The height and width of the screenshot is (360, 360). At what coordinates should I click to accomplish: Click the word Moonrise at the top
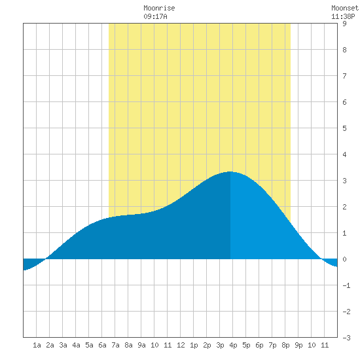[x=159, y=8]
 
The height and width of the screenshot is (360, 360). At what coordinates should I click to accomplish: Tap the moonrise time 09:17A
[x=155, y=16]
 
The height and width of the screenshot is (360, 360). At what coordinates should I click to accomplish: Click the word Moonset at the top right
[x=345, y=8]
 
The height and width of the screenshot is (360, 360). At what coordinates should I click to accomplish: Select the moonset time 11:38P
[x=343, y=16]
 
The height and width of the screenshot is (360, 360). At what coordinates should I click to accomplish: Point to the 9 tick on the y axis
[x=344, y=24]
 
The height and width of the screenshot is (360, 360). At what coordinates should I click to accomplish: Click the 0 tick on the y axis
[x=344, y=259]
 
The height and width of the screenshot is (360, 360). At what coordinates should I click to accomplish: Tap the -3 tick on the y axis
[x=346, y=338]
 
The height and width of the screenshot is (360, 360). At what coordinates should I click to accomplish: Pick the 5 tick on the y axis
[x=344, y=128]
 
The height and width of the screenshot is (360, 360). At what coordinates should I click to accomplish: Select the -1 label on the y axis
[x=346, y=285]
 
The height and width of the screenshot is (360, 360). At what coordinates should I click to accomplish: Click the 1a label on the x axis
[x=37, y=345]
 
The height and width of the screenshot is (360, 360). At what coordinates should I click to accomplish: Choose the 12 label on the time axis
[x=181, y=345]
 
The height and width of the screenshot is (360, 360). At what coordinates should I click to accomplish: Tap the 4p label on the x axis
[x=233, y=345]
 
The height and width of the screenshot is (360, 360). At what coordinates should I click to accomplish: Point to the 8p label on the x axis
[x=285, y=345]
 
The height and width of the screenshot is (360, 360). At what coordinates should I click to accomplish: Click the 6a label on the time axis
[x=102, y=345]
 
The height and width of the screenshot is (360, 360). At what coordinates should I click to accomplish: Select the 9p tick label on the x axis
[x=298, y=345]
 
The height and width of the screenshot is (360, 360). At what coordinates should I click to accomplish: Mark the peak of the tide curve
[x=230, y=171]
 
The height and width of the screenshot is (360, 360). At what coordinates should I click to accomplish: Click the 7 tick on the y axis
[x=344, y=76]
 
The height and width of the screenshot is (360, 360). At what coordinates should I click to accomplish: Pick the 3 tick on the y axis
[x=344, y=181]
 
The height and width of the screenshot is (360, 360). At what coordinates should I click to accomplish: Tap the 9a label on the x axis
[x=141, y=345]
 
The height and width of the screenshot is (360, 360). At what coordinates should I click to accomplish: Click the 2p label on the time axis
[x=207, y=345]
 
